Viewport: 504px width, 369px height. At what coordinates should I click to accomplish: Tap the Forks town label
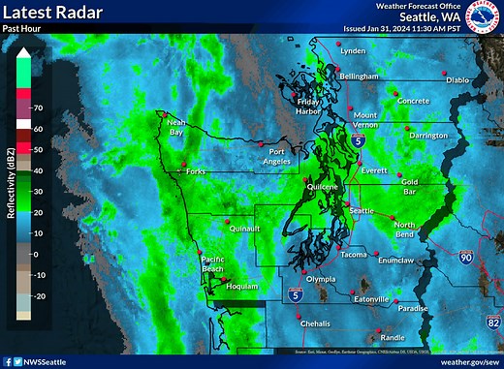(x=197, y=172)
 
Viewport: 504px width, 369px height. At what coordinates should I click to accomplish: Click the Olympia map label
(x=320, y=279)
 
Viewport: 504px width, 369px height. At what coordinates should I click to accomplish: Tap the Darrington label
(x=427, y=137)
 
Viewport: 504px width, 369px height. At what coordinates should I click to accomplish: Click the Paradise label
(x=412, y=309)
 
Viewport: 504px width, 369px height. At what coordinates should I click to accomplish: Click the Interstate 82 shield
(x=492, y=319)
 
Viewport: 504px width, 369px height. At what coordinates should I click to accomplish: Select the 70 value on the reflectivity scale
(x=37, y=108)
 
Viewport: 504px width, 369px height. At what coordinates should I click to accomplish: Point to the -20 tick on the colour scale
(x=39, y=296)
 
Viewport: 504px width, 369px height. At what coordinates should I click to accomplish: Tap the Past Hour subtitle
(x=21, y=29)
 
